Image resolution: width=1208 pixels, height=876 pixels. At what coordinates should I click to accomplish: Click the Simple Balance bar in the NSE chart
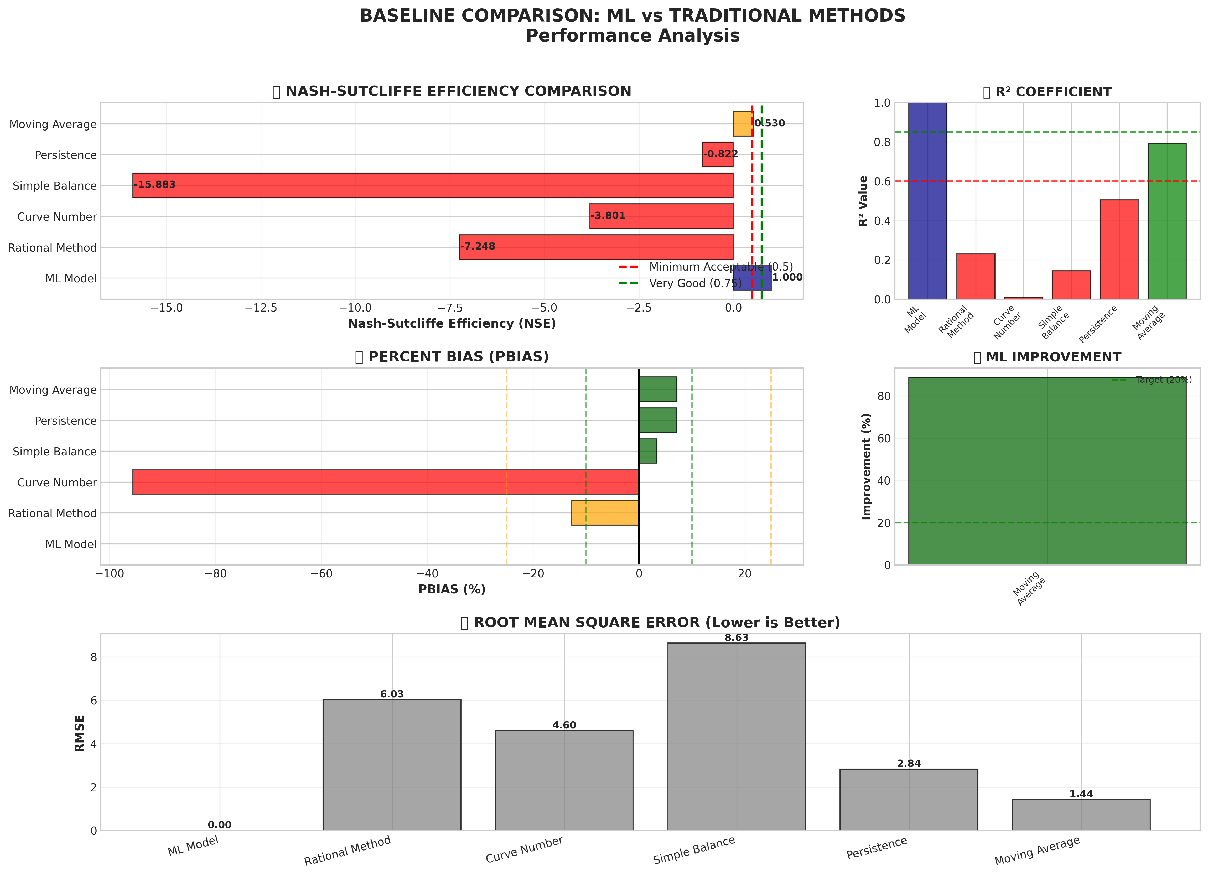pyautogui.click(x=433, y=185)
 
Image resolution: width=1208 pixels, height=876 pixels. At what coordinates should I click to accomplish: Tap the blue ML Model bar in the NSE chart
pyautogui.click(x=751, y=278)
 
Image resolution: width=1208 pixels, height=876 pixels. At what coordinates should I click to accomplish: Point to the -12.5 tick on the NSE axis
pyautogui.click(x=261, y=308)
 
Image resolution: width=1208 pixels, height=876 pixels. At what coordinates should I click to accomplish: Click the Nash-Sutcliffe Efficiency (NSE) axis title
pyautogui.click(x=452, y=324)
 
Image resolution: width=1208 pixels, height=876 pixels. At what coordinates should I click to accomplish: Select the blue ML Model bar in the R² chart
pyautogui.click(x=927, y=201)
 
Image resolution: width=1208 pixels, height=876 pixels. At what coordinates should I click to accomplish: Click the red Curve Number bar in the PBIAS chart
pyautogui.click(x=386, y=482)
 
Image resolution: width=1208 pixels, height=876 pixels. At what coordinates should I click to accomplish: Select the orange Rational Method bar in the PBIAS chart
pyautogui.click(x=605, y=513)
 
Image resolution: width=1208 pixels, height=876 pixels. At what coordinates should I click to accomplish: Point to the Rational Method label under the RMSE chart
pyautogui.click(x=348, y=851)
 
